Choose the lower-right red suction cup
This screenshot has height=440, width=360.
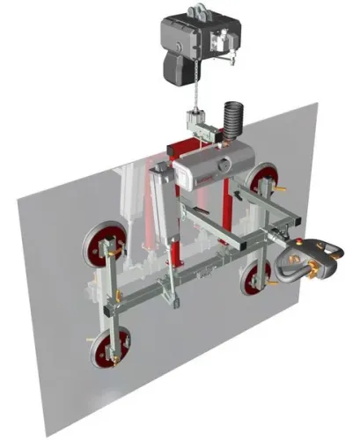(x=257, y=280)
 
